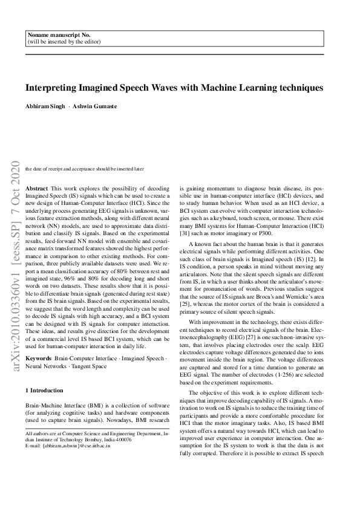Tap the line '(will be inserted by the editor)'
(x=64, y=42)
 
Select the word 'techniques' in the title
(x=301, y=88)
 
